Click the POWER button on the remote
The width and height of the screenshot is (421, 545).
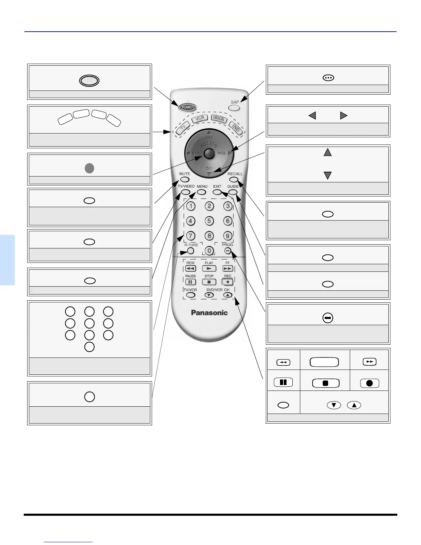(x=188, y=107)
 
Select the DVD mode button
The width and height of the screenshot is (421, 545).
(x=236, y=128)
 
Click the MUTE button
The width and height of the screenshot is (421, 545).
(x=185, y=179)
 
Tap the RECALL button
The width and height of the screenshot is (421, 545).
(x=234, y=179)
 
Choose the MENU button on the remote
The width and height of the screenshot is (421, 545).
(x=202, y=192)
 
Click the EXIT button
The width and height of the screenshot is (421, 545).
(x=217, y=192)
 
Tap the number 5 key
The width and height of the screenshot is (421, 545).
(x=209, y=221)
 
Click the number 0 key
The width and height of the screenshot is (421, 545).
(x=209, y=251)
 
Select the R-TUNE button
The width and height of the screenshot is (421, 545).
(x=191, y=251)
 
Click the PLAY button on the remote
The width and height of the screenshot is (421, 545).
(x=209, y=268)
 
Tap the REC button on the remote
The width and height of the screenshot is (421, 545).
(x=228, y=282)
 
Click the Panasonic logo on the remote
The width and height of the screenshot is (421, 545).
(x=209, y=312)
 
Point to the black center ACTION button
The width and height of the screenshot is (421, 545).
(x=209, y=153)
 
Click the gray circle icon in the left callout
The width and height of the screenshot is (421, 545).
(x=89, y=168)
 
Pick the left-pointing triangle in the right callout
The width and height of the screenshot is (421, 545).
(x=312, y=116)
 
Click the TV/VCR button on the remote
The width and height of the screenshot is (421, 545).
(x=191, y=295)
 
